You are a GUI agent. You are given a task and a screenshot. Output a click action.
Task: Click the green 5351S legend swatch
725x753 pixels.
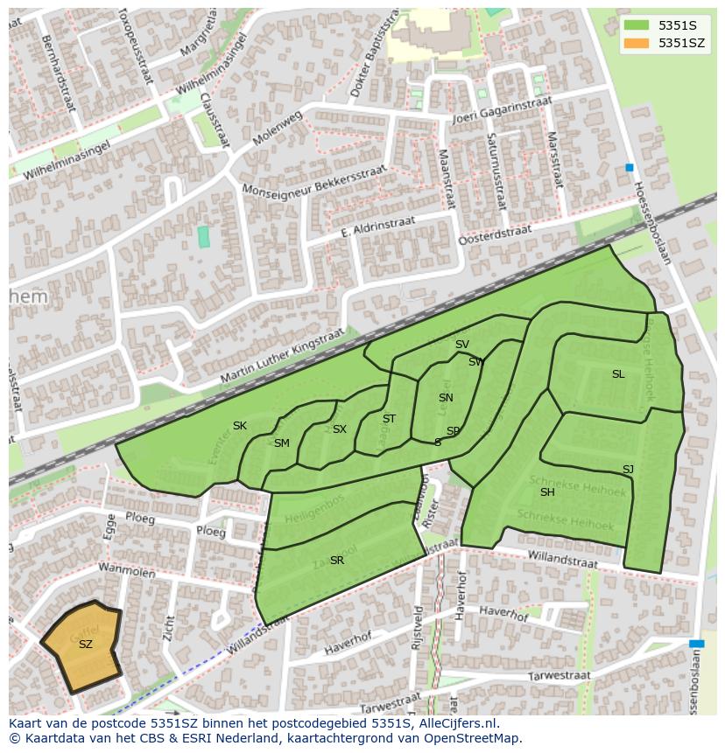coord(637,24)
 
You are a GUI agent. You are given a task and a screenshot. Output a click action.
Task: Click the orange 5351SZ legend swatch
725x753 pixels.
coord(637,43)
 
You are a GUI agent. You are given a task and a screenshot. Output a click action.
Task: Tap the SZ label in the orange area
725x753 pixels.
coord(85,645)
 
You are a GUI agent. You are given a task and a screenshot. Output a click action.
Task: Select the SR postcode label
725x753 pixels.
coord(337,561)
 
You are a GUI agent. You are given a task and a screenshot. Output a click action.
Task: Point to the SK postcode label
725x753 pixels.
coord(240,426)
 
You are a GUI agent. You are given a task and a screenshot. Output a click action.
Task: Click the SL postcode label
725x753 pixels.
coord(618,374)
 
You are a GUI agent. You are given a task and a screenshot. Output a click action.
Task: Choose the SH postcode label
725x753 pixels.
coord(547,492)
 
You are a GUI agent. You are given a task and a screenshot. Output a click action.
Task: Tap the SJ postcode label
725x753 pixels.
coord(628,470)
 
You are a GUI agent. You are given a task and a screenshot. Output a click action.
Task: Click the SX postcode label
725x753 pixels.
coord(340,429)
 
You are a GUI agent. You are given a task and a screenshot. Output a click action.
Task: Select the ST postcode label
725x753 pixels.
coord(389,419)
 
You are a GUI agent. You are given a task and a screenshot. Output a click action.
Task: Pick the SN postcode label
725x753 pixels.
coord(446,398)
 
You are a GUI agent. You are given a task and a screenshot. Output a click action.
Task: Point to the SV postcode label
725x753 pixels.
coord(462,345)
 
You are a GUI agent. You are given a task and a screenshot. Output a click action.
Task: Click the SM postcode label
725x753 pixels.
coord(281,443)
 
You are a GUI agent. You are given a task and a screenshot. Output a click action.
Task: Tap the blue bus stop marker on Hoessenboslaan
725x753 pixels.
coord(629,167)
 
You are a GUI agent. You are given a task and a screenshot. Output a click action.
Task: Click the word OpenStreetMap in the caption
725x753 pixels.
coord(473,738)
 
